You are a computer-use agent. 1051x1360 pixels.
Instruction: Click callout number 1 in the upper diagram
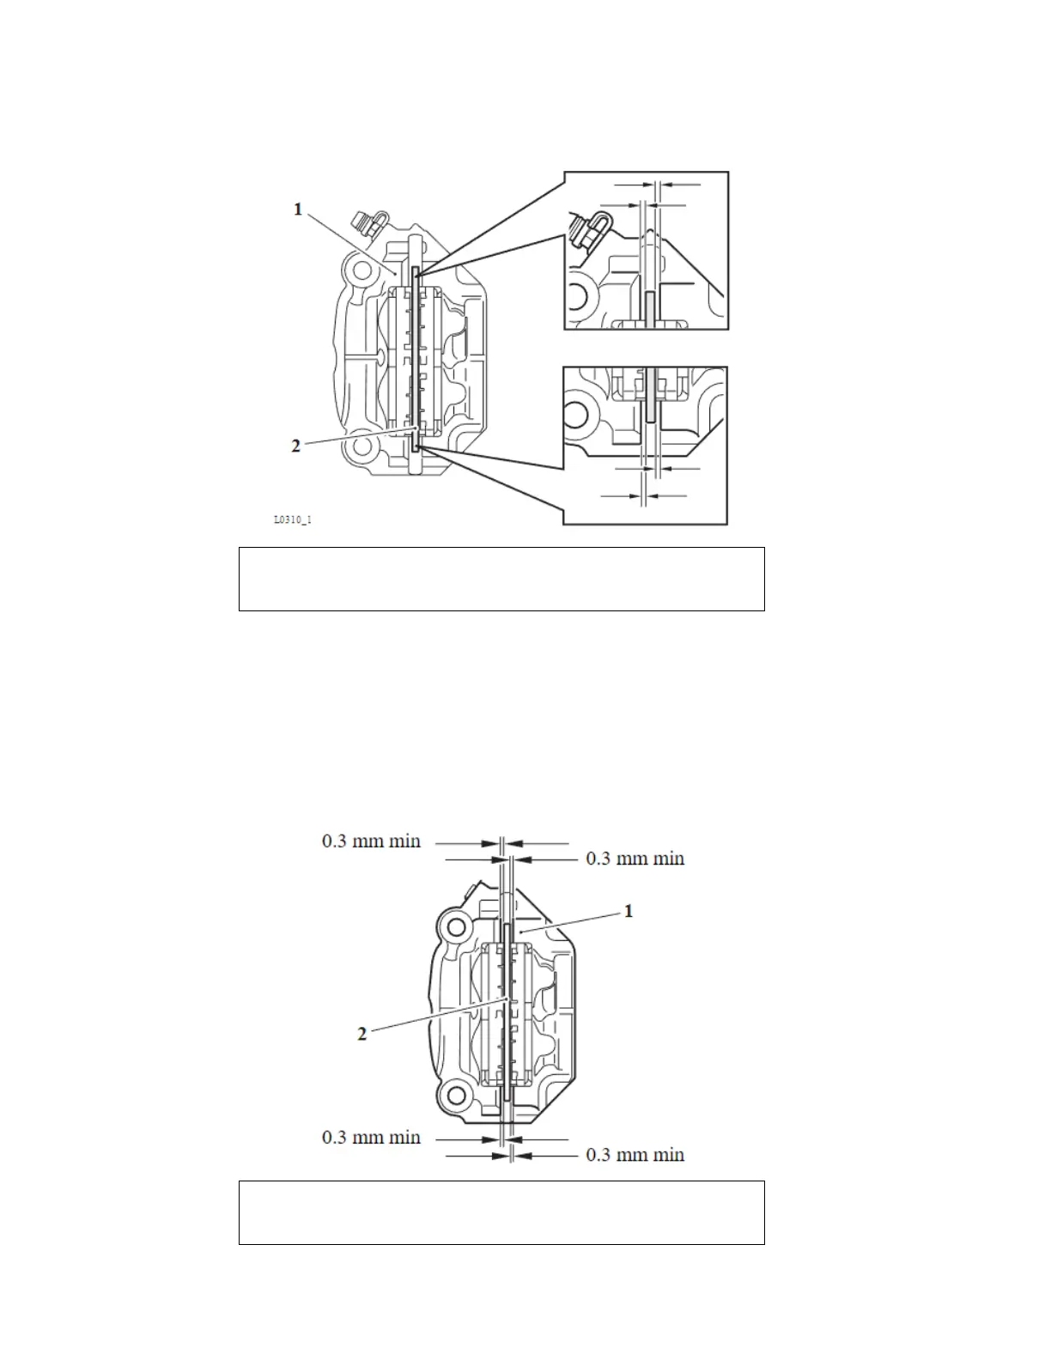tap(298, 209)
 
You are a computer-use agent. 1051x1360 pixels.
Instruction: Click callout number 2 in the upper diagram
tap(296, 446)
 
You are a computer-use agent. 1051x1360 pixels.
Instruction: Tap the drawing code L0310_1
tap(292, 520)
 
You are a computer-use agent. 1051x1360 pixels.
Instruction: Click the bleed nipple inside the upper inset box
tap(591, 231)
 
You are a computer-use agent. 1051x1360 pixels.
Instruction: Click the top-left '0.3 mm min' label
tap(371, 841)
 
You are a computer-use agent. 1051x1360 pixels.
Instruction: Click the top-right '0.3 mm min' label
tap(635, 858)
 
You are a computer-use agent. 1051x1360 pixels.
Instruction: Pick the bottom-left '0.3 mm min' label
tap(371, 1137)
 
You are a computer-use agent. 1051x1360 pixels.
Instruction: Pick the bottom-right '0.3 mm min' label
tap(635, 1155)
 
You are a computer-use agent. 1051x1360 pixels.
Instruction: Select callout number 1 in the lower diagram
tap(629, 911)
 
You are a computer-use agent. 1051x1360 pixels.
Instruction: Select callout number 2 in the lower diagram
tap(362, 1034)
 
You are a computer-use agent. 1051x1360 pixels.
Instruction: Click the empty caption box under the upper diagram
tap(501, 579)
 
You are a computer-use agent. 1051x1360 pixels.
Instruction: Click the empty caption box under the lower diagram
tap(501, 1212)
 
